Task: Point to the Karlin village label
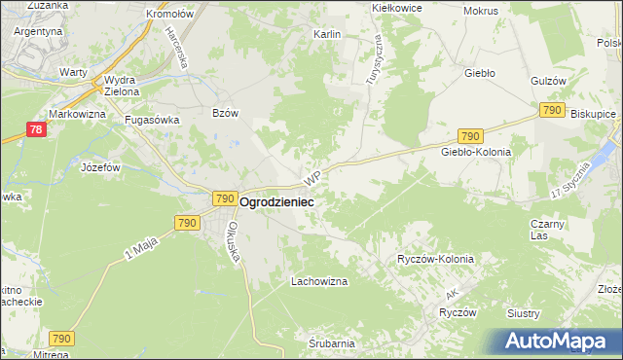pyautogui.click(x=326, y=34)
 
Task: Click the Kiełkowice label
pyautogui.click(x=397, y=7)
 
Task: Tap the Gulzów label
pyautogui.click(x=549, y=81)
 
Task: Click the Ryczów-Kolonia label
pyautogui.click(x=435, y=260)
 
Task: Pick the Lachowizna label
pyautogui.click(x=319, y=281)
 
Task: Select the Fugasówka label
pyautogui.click(x=149, y=121)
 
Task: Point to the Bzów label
pyautogui.click(x=225, y=113)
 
